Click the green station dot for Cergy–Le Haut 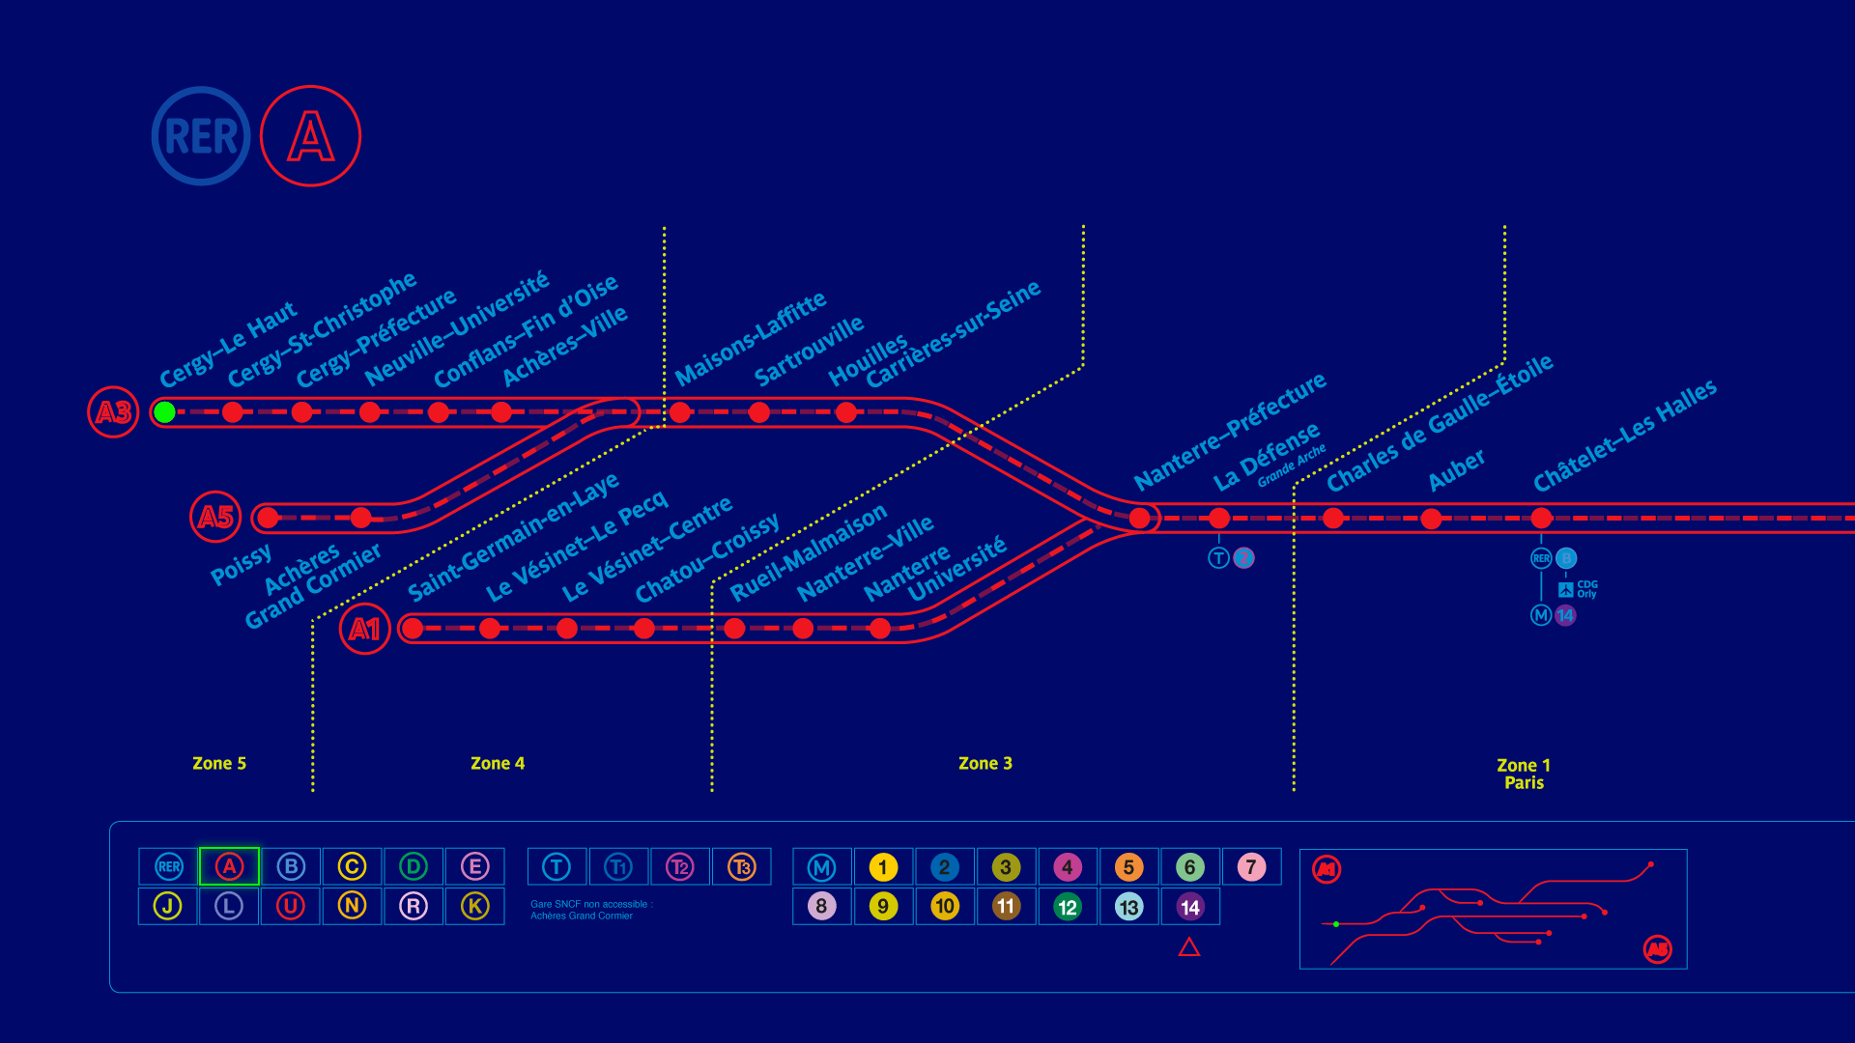click(165, 412)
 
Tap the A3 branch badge click(113, 412)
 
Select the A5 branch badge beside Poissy click(215, 518)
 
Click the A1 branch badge click(364, 630)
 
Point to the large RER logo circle click(201, 136)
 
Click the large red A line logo click(311, 136)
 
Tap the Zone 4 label click(498, 763)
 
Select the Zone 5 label click(219, 763)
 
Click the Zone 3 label click(985, 763)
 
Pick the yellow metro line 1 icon click(883, 867)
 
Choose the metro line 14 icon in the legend click(1190, 907)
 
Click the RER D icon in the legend click(414, 866)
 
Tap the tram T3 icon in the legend click(742, 866)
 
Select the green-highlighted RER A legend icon click(229, 866)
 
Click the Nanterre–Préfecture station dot click(1140, 519)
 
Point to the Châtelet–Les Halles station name click(1625, 435)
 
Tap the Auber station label click(1457, 469)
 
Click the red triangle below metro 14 click(1189, 947)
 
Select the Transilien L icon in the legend click(229, 906)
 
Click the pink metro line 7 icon click(1251, 867)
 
